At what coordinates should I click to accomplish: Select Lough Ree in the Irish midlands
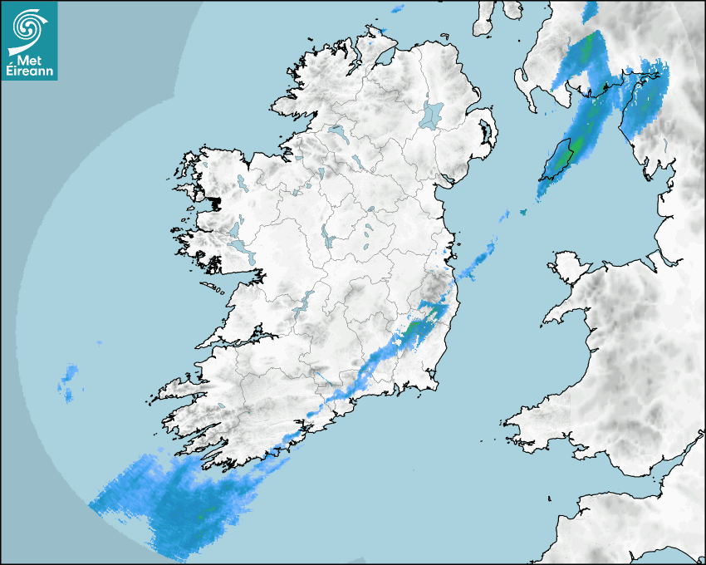329,239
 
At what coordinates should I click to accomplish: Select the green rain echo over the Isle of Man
566,154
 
